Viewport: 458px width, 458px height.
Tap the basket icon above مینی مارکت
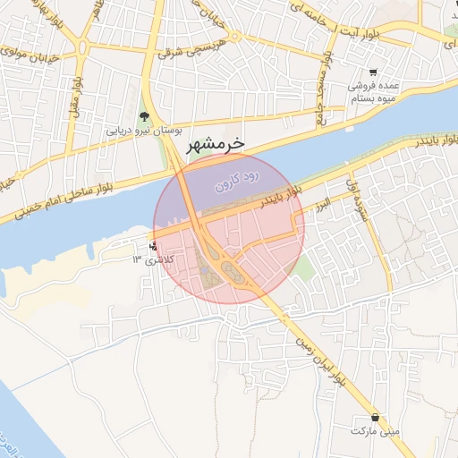(x=373, y=418)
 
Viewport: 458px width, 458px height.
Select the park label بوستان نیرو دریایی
(x=145, y=131)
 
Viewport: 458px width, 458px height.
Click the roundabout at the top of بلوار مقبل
(x=83, y=45)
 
